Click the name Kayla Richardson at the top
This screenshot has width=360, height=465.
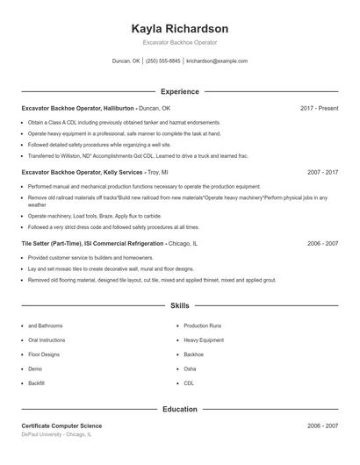(x=179, y=28)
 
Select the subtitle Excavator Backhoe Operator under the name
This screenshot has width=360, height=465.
(x=179, y=42)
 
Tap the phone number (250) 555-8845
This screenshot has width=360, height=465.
(x=162, y=61)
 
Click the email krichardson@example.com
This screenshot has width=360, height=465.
(x=217, y=61)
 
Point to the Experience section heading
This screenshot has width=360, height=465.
(x=179, y=91)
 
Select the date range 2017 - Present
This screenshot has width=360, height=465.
(x=319, y=108)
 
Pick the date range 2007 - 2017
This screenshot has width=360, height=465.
(x=322, y=173)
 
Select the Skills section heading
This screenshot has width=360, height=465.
(x=179, y=306)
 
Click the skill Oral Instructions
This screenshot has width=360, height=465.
(x=47, y=340)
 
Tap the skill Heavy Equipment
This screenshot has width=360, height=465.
(x=204, y=340)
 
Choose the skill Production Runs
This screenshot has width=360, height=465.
(x=203, y=325)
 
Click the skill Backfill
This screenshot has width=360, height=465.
(x=36, y=383)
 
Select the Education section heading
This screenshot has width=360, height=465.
(x=179, y=409)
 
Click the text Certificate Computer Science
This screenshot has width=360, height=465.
(x=61, y=426)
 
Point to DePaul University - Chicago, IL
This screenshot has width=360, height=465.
(x=55, y=434)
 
